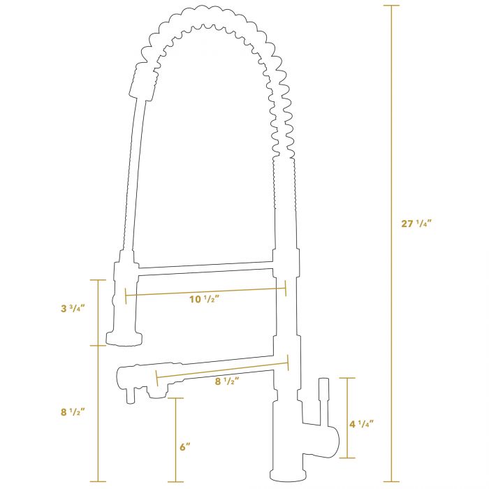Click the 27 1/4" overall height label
(x=416, y=224)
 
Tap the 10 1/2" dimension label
(x=205, y=299)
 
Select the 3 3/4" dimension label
(x=73, y=309)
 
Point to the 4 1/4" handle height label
(x=361, y=424)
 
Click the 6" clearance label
(x=184, y=446)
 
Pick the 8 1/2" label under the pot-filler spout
(x=227, y=381)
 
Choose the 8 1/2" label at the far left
(x=73, y=412)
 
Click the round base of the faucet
(x=288, y=476)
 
